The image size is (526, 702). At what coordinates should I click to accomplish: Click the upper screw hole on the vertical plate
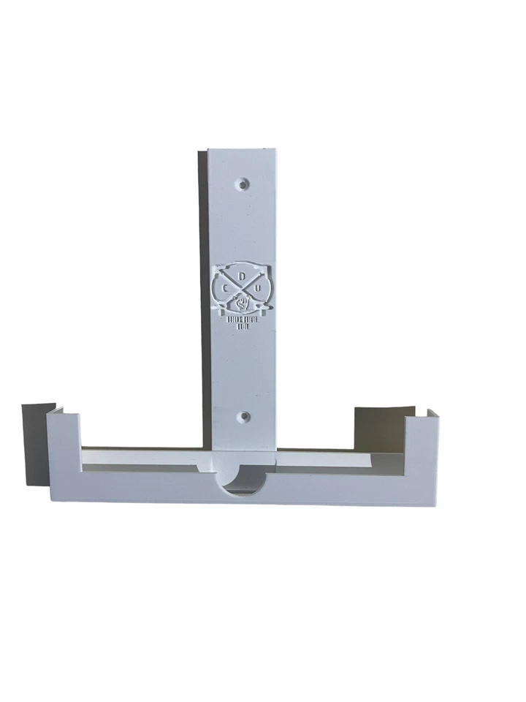pos(244,180)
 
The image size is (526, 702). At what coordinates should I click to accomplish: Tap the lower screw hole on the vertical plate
pos(244,417)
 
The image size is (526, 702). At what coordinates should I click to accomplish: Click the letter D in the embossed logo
pos(241,276)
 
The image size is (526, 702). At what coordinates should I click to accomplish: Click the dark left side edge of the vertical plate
pos(202,292)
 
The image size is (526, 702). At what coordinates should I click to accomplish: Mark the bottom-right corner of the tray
pos(436,505)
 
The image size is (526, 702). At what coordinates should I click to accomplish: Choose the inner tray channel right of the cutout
pos(336,460)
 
